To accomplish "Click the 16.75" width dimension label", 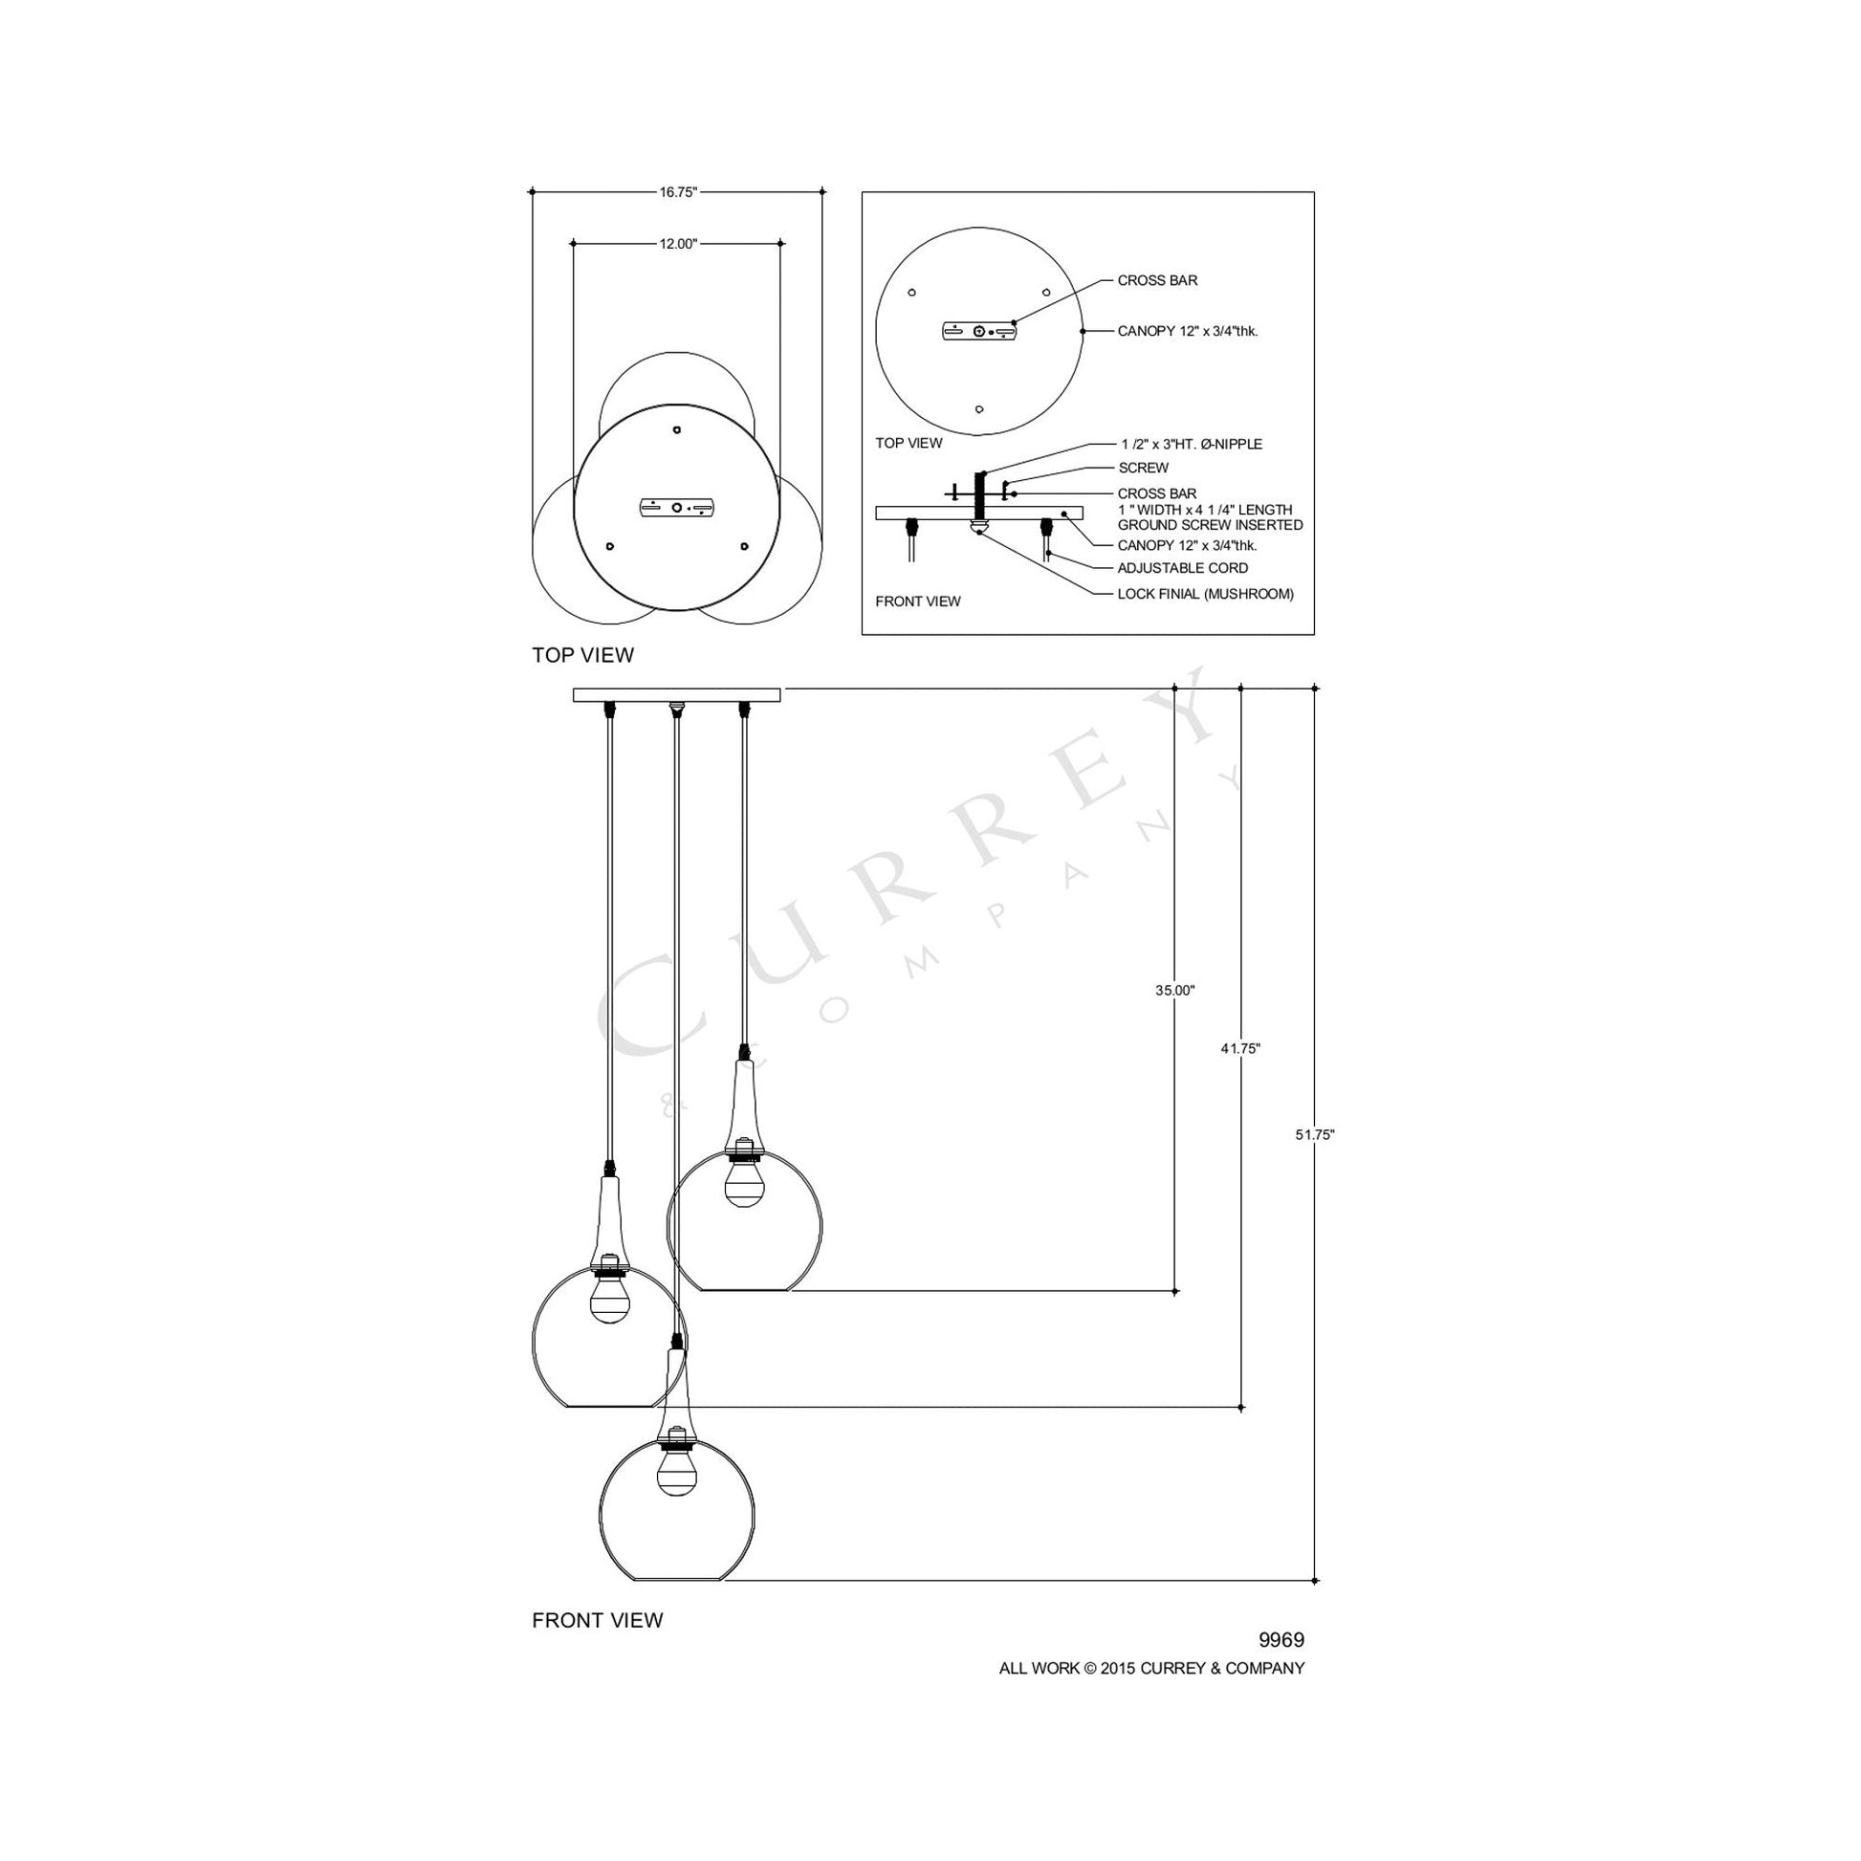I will pyautogui.click(x=677, y=191).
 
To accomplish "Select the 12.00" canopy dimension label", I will pyautogui.click(x=677, y=244).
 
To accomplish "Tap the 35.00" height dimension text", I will pyautogui.click(x=1175, y=990).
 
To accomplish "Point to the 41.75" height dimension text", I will pyautogui.click(x=1240, y=1049).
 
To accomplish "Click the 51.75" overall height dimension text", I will pyautogui.click(x=1315, y=1135).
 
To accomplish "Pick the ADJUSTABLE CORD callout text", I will pyautogui.click(x=1182, y=568).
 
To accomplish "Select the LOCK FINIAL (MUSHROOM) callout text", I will pyautogui.click(x=1205, y=593).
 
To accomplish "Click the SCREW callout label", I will pyautogui.click(x=1144, y=468).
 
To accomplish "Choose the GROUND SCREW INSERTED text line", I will pyautogui.click(x=1210, y=525).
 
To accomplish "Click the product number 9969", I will pyautogui.click(x=1281, y=1640).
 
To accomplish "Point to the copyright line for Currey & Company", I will pyautogui.click(x=1151, y=1669).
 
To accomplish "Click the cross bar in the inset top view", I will pyautogui.click(x=978, y=331).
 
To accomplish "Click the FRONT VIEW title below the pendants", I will pyautogui.click(x=597, y=1620).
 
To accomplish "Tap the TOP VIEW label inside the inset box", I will pyautogui.click(x=909, y=443).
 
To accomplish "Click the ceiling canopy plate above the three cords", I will pyautogui.click(x=676, y=694).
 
